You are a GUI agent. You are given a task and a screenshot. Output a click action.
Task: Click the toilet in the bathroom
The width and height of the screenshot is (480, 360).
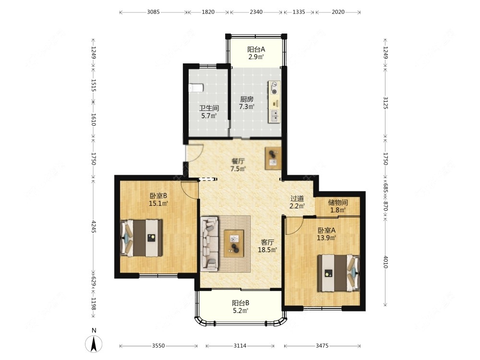coord(196,88)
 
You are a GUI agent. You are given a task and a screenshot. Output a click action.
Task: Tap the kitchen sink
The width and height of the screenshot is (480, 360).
coord(275,116)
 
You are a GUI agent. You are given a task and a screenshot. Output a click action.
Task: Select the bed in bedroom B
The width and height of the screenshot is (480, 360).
coord(142,238)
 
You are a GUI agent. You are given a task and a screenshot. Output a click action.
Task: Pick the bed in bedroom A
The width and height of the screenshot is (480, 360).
coord(338,273)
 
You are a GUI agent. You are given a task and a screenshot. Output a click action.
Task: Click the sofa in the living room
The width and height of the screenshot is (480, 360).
coord(210,244)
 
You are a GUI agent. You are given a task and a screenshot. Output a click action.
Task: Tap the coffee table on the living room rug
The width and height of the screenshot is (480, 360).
coord(234,243)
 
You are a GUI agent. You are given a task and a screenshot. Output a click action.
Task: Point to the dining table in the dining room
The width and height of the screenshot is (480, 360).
coord(273,158)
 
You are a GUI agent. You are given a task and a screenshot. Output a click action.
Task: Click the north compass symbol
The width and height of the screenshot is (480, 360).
coord(94,343)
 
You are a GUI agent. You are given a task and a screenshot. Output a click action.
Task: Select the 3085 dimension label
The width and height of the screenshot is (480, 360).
coord(153,12)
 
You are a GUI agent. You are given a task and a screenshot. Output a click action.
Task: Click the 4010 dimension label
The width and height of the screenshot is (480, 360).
coord(385,262)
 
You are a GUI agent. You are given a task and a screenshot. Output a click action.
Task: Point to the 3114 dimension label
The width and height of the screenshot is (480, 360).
coord(240,346)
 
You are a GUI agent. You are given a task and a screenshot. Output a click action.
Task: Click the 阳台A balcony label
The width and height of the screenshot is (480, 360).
coord(256,49)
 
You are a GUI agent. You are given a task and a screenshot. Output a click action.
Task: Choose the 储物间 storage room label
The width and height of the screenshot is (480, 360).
coord(337,203)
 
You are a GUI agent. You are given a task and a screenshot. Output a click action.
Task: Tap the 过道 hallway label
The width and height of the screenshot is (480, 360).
coord(297,199)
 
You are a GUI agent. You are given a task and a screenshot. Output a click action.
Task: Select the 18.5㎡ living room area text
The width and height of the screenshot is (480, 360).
coord(267,250)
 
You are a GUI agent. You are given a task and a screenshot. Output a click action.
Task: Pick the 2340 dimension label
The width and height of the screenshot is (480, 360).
coord(256,12)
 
